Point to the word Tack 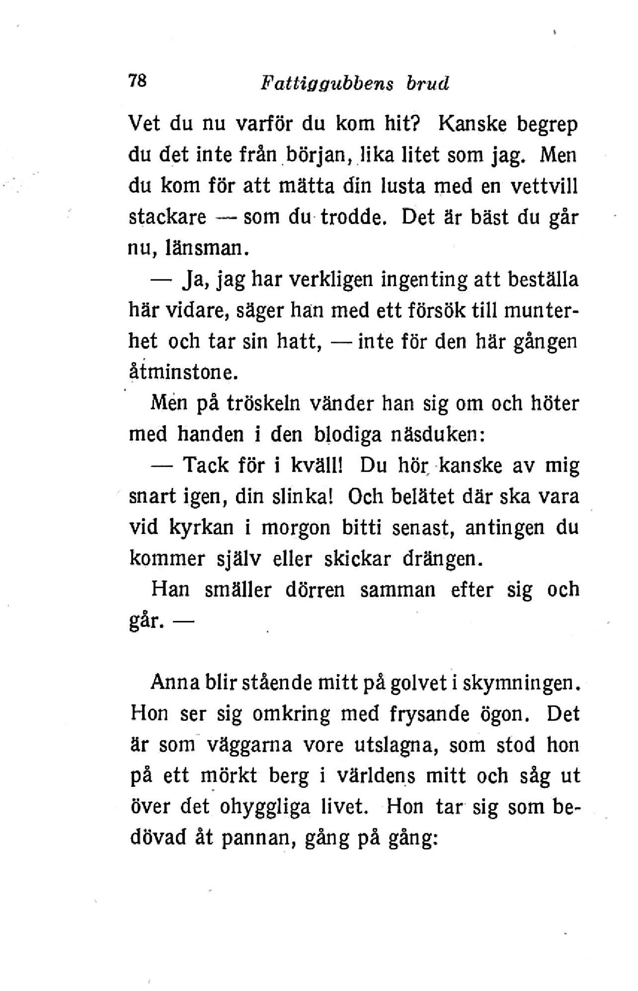(205, 465)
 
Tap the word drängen (442, 559)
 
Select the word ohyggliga (264, 807)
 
